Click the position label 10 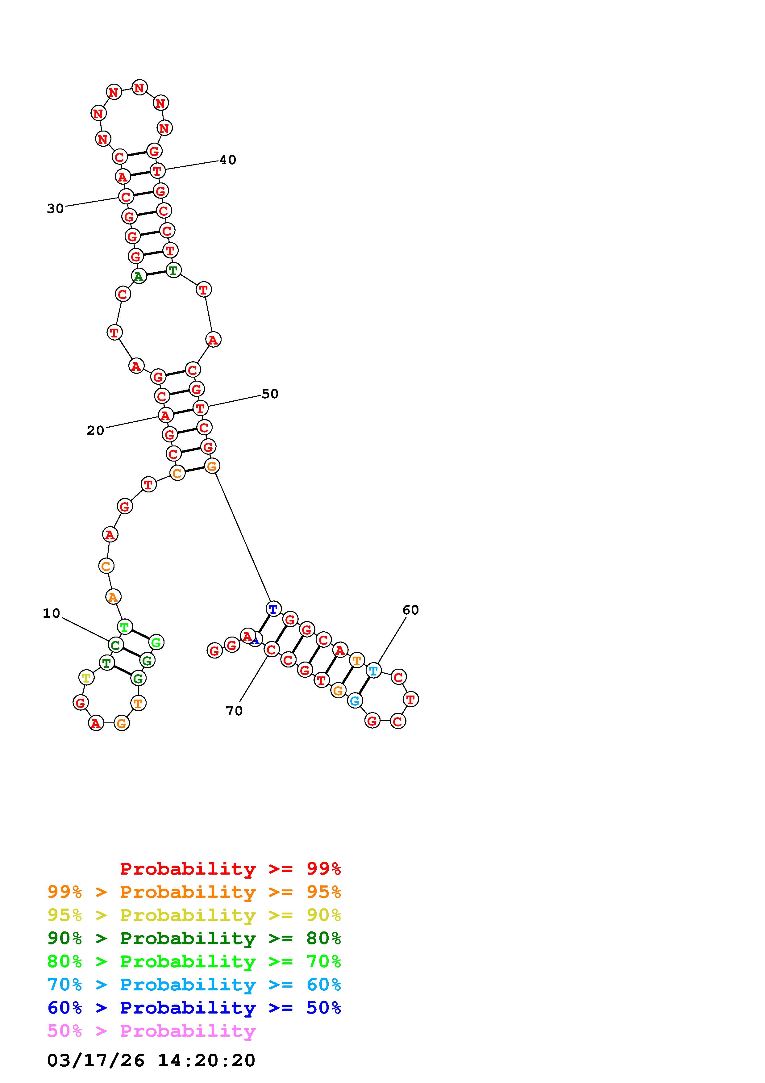click(51, 613)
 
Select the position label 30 click(55, 208)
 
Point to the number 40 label click(228, 160)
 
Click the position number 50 click(270, 394)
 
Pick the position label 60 click(410, 610)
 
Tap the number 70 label click(234, 711)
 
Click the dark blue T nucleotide click(273, 609)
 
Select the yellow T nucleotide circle click(86, 678)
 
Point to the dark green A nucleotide click(139, 276)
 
